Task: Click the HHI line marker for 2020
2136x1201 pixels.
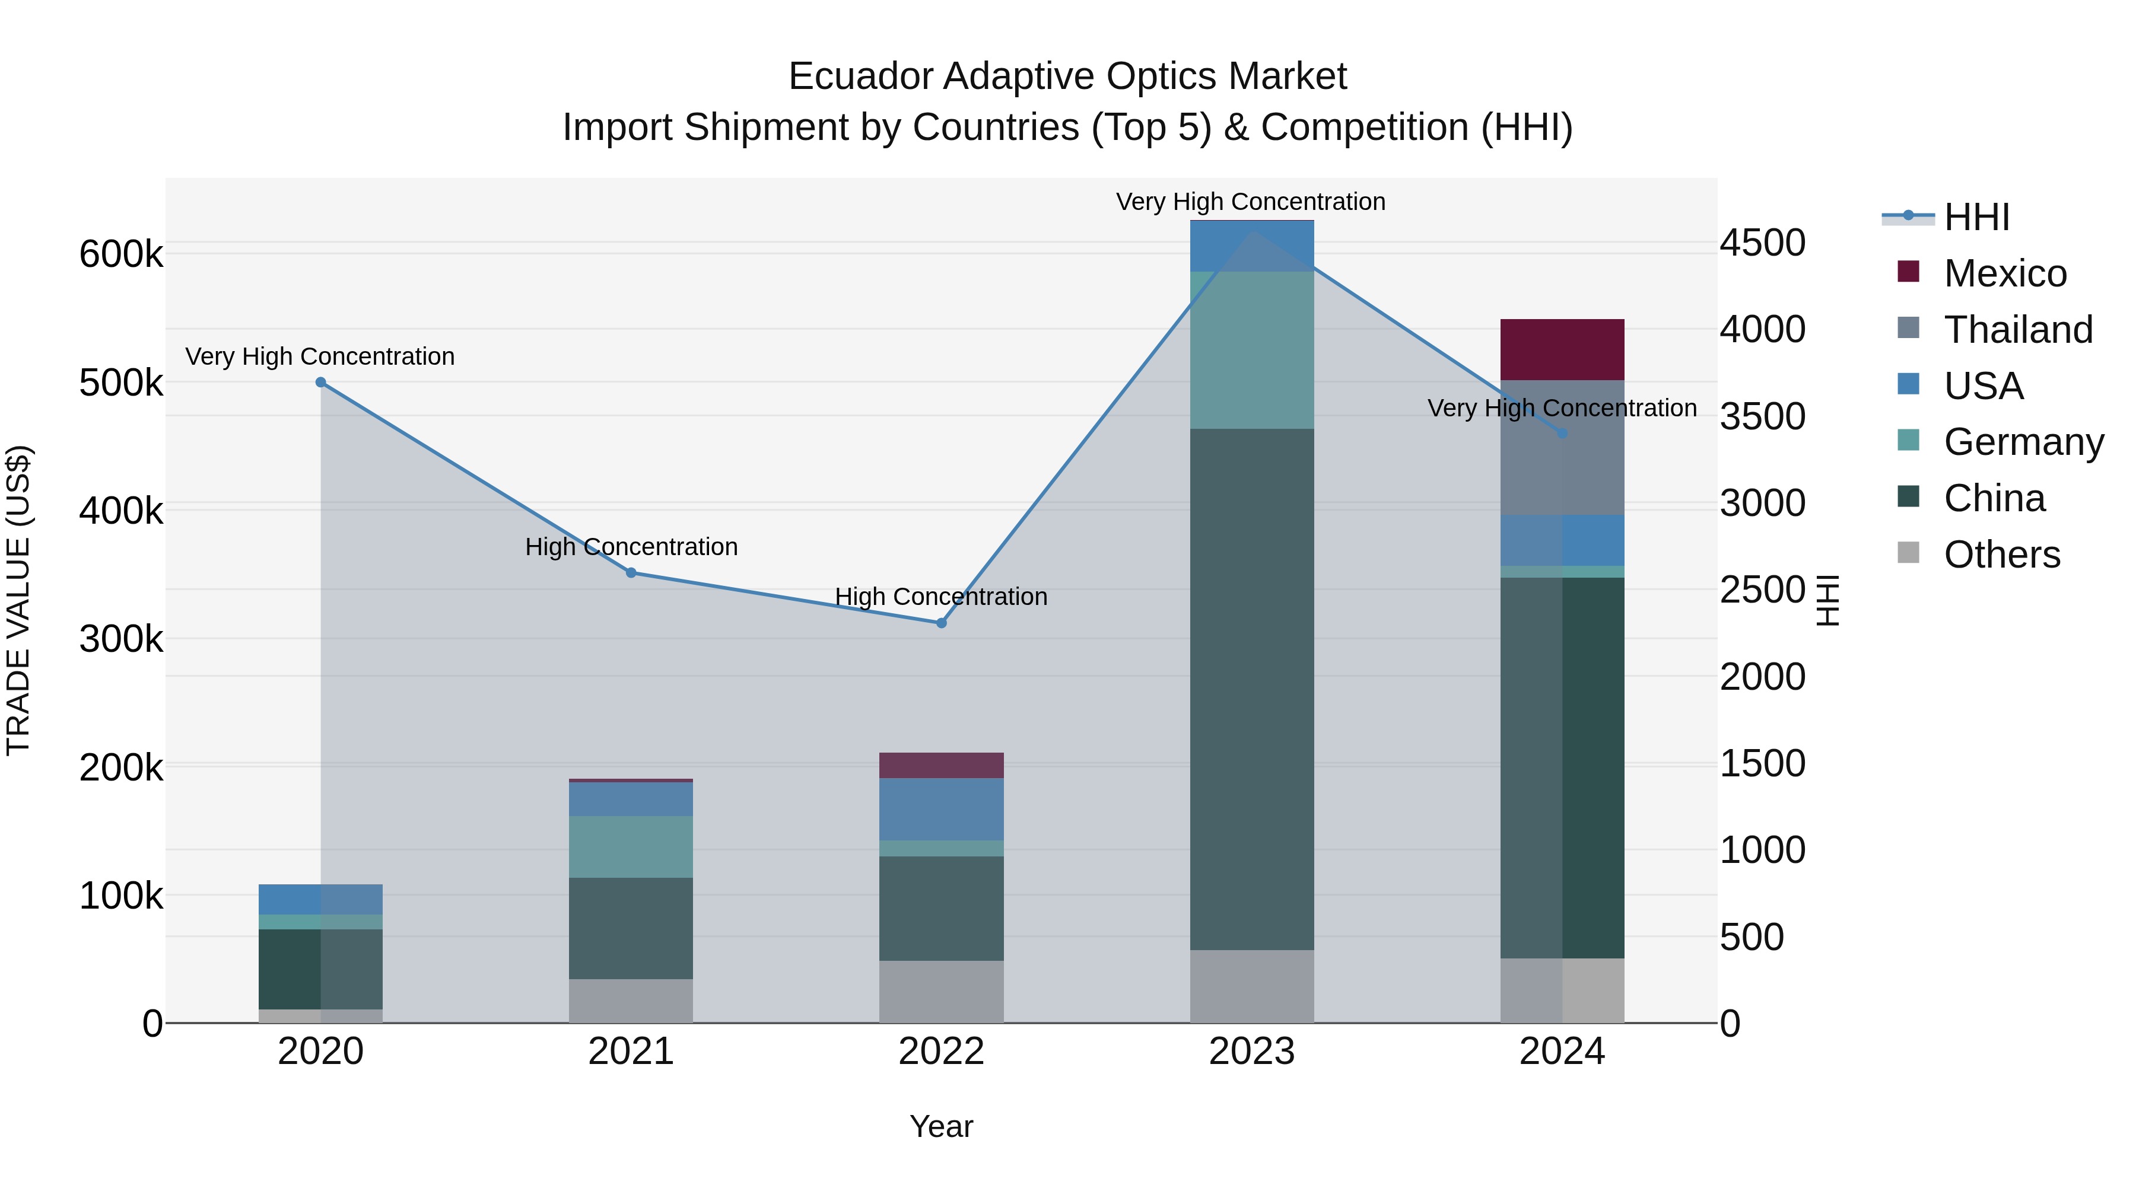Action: [321, 382]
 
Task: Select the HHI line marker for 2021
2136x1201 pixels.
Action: [631, 573]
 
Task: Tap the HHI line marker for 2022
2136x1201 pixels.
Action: [941, 623]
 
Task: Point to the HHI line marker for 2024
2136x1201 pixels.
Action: [1562, 434]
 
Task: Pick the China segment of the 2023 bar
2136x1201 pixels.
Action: [1251, 688]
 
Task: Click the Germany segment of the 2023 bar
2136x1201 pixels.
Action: [1251, 350]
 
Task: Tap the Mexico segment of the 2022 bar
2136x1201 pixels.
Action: [941, 765]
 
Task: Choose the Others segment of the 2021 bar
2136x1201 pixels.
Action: [631, 1001]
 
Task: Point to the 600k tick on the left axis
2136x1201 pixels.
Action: [121, 254]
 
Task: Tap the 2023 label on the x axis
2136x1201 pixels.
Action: [1251, 1052]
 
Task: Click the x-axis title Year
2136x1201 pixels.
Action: [941, 1126]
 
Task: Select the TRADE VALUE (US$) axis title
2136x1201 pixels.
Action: [18, 600]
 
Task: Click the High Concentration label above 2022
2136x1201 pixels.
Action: [941, 597]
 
